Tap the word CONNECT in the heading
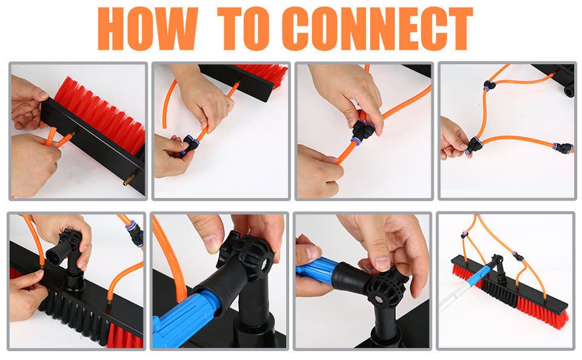[377, 28]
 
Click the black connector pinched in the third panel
[362, 130]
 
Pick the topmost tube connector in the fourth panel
[489, 85]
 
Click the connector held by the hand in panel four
[474, 145]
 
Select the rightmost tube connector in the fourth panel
[563, 148]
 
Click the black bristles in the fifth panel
[74, 316]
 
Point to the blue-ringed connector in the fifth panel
[135, 233]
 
